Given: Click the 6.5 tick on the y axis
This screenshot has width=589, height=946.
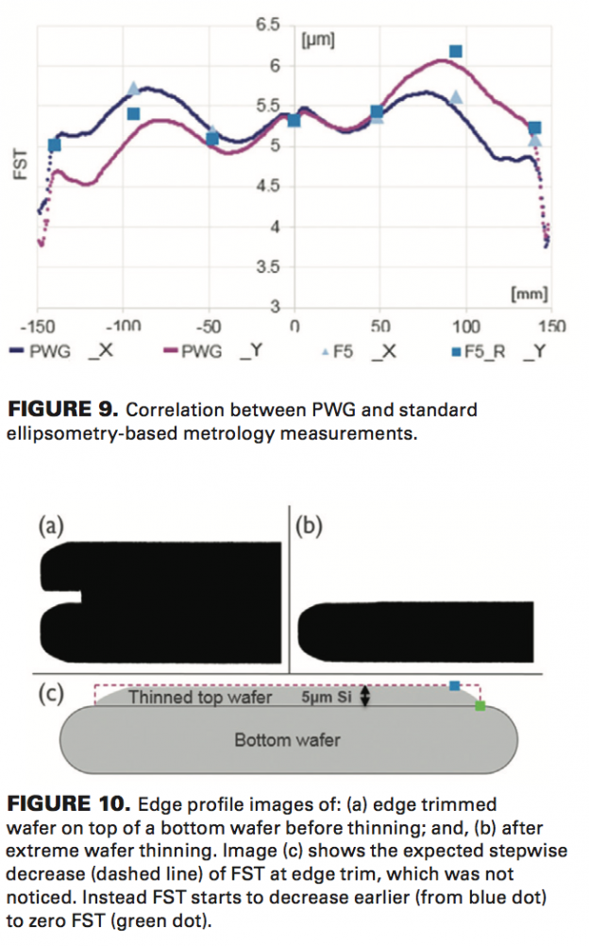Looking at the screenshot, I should click(268, 25).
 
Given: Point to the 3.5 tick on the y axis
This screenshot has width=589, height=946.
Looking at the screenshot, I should click(268, 267).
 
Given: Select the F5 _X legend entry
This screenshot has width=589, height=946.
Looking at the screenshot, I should click(359, 351).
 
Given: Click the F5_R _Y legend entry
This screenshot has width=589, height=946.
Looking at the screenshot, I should click(500, 351).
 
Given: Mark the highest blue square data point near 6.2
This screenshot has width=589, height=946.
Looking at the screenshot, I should click(456, 51).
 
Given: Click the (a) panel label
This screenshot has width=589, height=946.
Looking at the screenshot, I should click(50, 526).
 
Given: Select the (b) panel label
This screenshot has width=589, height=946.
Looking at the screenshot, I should click(311, 526).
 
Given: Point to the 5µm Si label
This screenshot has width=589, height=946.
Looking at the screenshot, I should click(328, 697).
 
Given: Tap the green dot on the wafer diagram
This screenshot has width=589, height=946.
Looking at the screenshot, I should click(480, 705).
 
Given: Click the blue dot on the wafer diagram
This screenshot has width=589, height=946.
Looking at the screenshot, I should click(455, 685).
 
